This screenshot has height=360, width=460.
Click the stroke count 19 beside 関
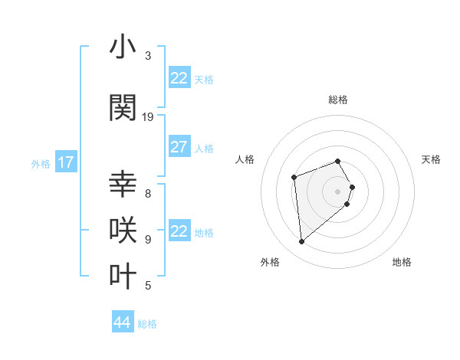click(x=148, y=117)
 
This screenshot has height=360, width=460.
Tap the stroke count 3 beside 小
click(x=148, y=56)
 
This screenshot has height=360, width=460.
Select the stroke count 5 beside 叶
click(x=148, y=286)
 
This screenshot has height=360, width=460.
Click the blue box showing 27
click(x=179, y=147)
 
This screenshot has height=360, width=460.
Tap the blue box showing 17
click(x=65, y=162)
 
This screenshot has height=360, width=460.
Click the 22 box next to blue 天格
click(x=179, y=78)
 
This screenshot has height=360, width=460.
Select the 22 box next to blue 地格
click(x=179, y=231)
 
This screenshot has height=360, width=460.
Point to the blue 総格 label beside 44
click(x=147, y=324)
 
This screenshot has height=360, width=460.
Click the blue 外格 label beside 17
click(x=41, y=163)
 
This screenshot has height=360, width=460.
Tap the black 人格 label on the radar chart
click(x=245, y=159)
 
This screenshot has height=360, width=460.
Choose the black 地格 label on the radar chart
click(x=402, y=262)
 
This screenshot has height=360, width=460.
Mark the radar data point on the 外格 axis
click(x=302, y=242)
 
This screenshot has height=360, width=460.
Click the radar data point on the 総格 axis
click(x=337, y=161)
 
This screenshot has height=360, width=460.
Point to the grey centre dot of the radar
click(x=337, y=191)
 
